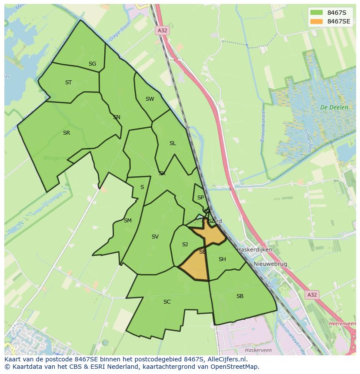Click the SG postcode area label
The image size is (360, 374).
click(92, 64)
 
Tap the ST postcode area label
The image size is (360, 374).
click(68, 83)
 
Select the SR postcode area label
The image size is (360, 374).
click(66, 133)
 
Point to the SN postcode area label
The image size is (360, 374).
click(117, 117)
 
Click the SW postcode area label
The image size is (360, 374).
click(150, 99)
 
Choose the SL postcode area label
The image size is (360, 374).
click(173, 143)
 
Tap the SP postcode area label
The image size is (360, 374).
click(200, 198)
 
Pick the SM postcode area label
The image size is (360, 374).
click(127, 221)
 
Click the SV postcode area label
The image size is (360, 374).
click(155, 237)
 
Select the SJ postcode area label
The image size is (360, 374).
click(185, 245)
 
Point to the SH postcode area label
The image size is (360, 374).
click(222, 259)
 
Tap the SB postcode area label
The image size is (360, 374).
click(240, 296)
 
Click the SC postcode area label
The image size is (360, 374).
click(167, 302)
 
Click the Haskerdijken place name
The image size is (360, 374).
click(254, 250)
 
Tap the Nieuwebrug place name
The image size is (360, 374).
click(270, 264)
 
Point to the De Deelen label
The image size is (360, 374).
click(334, 107)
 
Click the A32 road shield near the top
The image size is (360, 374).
click(162, 30)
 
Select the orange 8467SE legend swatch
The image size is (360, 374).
click(317, 21)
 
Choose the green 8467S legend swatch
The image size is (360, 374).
click(317, 12)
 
